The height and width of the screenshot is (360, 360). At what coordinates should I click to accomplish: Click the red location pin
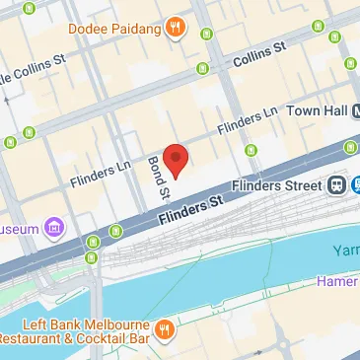[175, 159]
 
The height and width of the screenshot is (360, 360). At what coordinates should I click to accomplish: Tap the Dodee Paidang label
[114, 28]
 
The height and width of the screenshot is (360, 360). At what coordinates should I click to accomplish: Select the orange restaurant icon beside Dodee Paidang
[176, 28]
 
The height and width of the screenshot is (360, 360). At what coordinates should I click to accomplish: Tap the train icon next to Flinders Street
[337, 184]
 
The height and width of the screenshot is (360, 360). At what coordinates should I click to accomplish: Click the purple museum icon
[54, 229]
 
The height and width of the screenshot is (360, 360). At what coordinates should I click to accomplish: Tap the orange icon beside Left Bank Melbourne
[167, 328]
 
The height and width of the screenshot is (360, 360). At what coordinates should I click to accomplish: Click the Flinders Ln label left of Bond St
[102, 174]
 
